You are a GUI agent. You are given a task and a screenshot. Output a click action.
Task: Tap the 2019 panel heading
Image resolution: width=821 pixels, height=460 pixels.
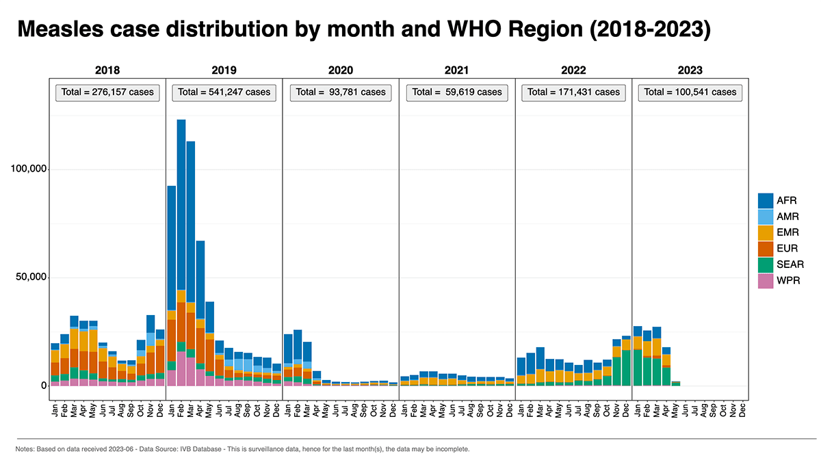224,70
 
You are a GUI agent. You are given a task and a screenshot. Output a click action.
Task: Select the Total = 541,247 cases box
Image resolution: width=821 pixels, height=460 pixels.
224,92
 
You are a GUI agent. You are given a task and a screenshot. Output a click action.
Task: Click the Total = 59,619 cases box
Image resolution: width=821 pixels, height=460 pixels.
457,92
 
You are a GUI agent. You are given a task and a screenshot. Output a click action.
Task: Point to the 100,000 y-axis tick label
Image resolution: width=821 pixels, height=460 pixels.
29,169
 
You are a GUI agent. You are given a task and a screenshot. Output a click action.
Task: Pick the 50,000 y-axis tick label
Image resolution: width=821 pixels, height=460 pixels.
31,278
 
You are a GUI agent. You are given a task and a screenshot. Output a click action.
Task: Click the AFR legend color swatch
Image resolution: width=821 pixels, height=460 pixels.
766,200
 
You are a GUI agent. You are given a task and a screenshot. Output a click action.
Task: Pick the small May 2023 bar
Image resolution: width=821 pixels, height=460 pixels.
676,383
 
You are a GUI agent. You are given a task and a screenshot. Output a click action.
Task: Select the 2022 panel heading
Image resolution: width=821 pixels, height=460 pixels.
573,70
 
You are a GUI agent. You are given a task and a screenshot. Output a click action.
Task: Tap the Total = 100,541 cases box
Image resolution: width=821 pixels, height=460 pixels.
690,92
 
